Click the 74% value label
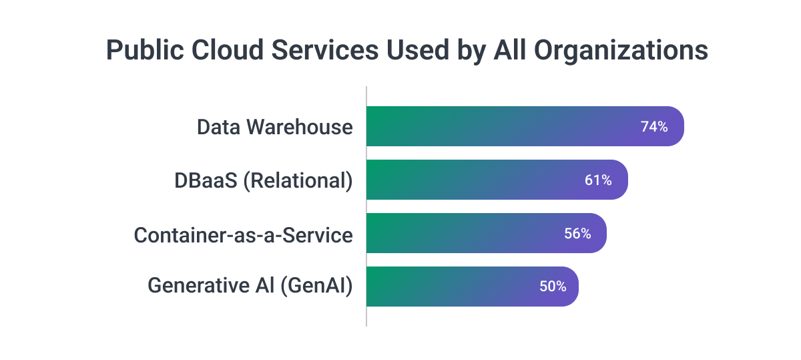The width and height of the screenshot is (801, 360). pyautogui.click(x=654, y=126)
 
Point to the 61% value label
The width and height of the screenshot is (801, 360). pyautogui.click(x=598, y=180)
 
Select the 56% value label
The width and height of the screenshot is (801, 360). pyautogui.click(x=577, y=233)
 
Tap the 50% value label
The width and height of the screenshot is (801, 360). pyautogui.click(x=553, y=287)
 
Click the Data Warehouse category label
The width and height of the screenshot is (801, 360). pyautogui.click(x=274, y=126)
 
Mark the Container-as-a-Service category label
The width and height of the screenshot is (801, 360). pyautogui.click(x=243, y=234)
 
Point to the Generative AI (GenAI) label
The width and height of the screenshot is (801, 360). pyautogui.click(x=250, y=287)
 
